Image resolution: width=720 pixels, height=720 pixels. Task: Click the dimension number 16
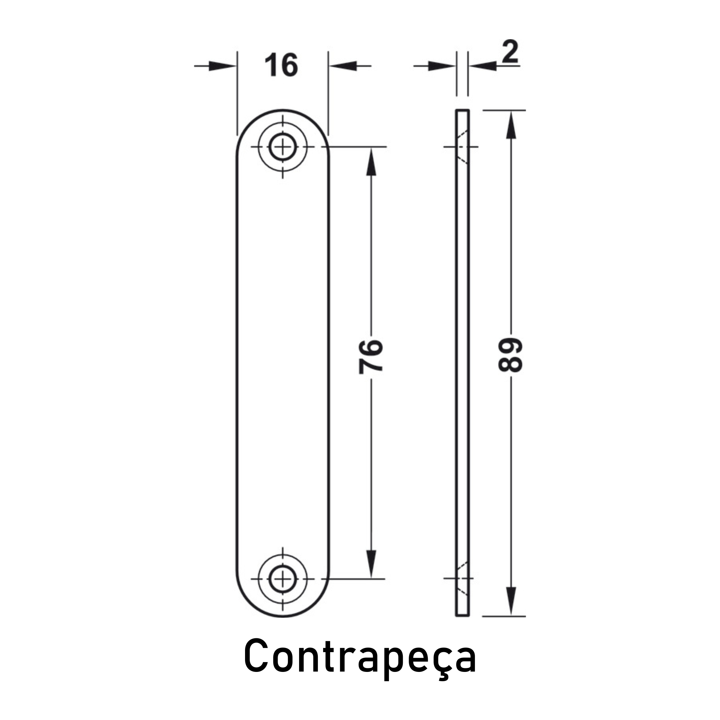(281, 65)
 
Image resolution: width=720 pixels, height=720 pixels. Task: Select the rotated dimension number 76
(371, 356)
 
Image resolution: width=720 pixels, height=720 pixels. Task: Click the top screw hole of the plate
(283, 147)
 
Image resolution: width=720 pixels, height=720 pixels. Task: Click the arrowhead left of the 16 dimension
(222, 66)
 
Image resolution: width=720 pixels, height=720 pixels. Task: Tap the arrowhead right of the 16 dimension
(343, 66)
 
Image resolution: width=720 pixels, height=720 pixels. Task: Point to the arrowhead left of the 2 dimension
(442, 66)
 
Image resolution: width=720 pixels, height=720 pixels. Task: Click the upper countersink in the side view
(462, 147)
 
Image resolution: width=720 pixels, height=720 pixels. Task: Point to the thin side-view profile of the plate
(462, 363)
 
